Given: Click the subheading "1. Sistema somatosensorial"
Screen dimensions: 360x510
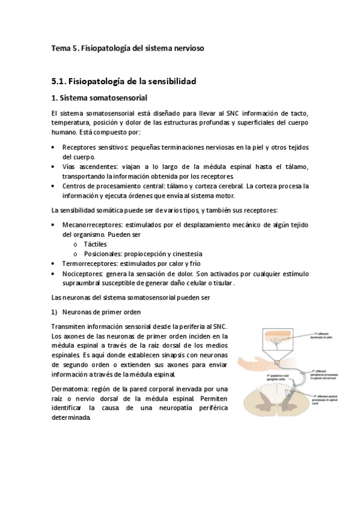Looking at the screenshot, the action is [100, 98].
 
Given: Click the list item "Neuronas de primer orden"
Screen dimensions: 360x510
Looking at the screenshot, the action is [102, 312].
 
